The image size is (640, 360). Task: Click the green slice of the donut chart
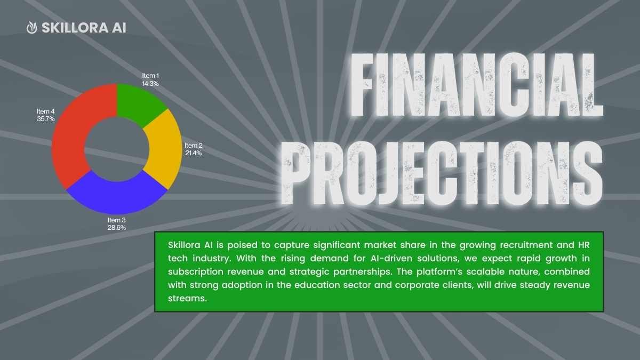[x=137, y=103]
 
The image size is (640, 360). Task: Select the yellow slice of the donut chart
[x=165, y=149]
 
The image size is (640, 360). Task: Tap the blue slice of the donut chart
[x=117, y=194]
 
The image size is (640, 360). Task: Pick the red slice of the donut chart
[x=73, y=134]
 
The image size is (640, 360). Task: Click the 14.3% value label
[x=150, y=84]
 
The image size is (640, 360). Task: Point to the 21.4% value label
[x=194, y=153]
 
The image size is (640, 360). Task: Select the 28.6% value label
[x=117, y=228]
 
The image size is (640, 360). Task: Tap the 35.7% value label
[x=46, y=119]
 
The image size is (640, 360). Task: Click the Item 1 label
[x=150, y=76]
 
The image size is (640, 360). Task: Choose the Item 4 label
[x=45, y=111]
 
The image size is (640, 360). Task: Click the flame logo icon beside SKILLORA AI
[x=31, y=28]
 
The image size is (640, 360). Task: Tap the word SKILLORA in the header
[x=75, y=28]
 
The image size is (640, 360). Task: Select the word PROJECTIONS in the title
[x=442, y=173]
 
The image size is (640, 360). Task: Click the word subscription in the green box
[x=196, y=271]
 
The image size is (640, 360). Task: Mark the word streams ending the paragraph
[x=187, y=298]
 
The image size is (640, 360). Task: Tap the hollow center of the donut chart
[x=117, y=149]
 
